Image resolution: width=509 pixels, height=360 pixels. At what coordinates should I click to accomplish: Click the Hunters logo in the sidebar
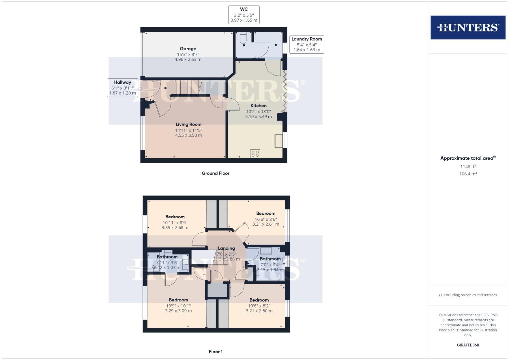(468, 27)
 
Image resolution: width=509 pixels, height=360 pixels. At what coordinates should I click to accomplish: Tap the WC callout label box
(244, 15)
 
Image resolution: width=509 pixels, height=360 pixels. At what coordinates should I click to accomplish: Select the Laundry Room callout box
(306, 44)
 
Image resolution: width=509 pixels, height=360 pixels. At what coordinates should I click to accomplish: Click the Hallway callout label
(122, 88)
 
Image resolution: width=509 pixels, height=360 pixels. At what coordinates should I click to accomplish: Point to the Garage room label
(188, 49)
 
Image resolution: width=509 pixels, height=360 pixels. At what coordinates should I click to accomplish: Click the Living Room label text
(188, 124)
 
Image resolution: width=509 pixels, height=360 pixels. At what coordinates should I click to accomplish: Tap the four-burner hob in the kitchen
(255, 154)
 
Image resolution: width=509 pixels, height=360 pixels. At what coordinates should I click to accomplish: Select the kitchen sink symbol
(278, 141)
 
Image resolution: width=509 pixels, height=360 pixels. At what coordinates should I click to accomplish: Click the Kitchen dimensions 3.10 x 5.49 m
(258, 117)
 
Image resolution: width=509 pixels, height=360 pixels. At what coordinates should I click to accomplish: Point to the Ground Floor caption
(215, 173)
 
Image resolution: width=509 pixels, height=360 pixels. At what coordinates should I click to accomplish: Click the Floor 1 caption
(215, 352)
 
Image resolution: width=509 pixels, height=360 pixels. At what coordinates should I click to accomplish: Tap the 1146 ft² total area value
(468, 166)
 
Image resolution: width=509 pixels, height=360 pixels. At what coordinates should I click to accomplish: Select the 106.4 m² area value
(468, 174)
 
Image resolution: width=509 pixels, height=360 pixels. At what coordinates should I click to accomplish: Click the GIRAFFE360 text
(468, 345)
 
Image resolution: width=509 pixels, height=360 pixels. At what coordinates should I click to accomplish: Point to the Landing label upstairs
(226, 248)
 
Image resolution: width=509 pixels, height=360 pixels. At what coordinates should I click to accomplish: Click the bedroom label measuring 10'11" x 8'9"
(175, 217)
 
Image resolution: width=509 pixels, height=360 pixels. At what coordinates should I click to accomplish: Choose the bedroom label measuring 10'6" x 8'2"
(259, 300)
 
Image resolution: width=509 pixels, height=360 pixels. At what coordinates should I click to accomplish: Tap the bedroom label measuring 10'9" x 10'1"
(178, 300)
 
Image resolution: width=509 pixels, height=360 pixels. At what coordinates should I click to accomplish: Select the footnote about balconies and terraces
(468, 295)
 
